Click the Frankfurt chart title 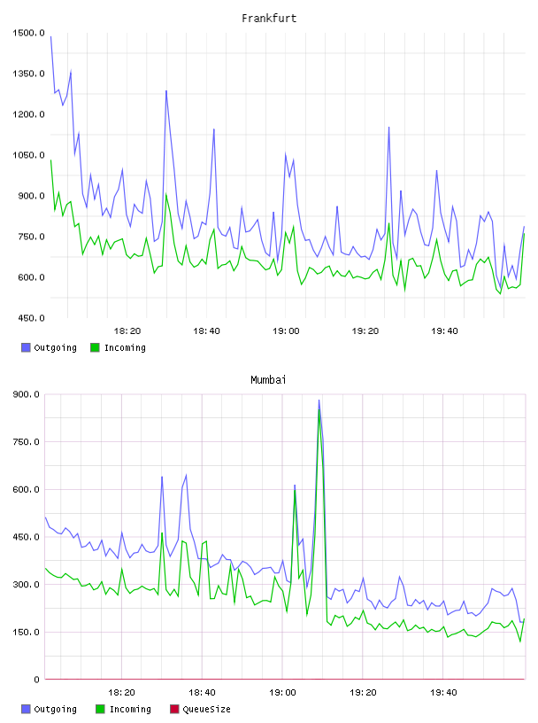click(269, 19)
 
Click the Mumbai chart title click(268, 380)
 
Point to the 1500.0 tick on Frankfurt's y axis click(28, 33)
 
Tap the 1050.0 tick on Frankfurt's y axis click(28, 155)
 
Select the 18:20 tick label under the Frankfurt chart click(127, 331)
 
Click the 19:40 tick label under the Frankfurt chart click(444, 331)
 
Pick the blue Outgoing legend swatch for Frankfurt click(26, 347)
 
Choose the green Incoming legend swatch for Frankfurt click(95, 347)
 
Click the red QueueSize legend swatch click(174, 709)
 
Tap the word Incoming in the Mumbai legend click(130, 709)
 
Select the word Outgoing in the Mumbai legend click(55, 709)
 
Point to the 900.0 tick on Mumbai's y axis click(27, 394)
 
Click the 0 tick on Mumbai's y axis click(36, 680)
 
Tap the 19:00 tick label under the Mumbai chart click(282, 693)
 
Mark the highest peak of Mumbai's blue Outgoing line click(319, 400)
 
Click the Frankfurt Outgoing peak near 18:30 click(166, 91)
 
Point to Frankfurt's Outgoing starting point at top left click(50, 36)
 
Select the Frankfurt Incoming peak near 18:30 click(166, 194)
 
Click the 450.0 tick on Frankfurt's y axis click(28, 318)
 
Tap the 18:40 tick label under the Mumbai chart click(203, 693)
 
